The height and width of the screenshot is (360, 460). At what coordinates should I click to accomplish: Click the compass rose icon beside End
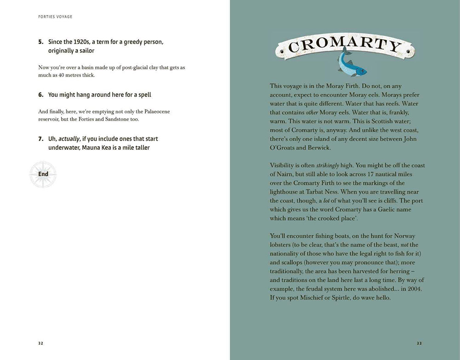pyautogui.click(x=43, y=174)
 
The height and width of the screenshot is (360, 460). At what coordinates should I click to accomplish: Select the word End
pyautogui.click(x=43, y=174)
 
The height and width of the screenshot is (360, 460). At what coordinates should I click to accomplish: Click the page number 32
pyautogui.click(x=41, y=343)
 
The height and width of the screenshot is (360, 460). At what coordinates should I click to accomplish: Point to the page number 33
pyautogui.click(x=419, y=343)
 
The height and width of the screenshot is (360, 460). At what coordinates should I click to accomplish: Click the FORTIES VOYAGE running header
pyautogui.click(x=55, y=17)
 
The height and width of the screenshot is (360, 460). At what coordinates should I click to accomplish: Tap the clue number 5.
pyautogui.click(x=40, y=42)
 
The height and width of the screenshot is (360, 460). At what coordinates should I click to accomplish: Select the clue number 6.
pyautogui.click(x=40, y=95)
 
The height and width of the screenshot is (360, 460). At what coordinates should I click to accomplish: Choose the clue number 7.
pyautogui.click(x=40, y=139)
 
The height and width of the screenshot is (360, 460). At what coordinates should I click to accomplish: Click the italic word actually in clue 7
pyautogui.click(x=69, y=139)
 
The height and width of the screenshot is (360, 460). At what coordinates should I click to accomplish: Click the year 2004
pyautogui.click(x=416, y=289)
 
